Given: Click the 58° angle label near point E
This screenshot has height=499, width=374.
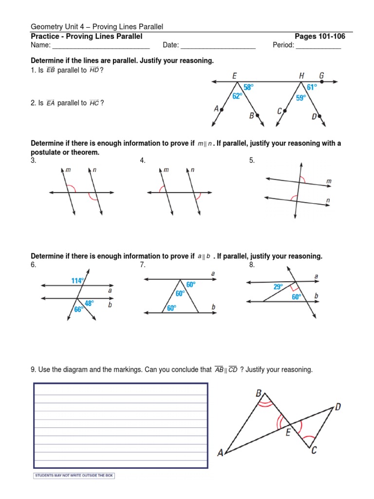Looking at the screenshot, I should pos(249,87).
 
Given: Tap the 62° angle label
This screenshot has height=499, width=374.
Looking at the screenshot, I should pos(237,96).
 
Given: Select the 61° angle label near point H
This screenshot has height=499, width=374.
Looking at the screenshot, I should pos(312,87).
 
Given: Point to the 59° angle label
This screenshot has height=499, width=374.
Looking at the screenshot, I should pos(301,97).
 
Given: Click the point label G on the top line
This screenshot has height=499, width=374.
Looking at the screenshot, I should pos(321,76).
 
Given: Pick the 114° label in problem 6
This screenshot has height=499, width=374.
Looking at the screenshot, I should pos(77,281).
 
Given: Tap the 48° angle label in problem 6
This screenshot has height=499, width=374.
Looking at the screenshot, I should pos(89,303).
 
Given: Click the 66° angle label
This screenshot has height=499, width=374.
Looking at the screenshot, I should pos(78,309).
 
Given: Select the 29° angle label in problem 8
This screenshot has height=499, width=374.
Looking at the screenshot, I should pos(278,287).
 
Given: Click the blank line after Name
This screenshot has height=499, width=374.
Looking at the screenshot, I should pos(100,46).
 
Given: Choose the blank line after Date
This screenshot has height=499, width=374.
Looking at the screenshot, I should pos(218,46).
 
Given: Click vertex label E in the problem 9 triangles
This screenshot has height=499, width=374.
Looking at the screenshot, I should pos(288,432).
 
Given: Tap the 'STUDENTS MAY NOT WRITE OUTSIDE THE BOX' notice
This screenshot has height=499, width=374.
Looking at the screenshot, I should pos(74,476).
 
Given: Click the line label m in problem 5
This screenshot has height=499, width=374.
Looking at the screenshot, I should pos(329,181).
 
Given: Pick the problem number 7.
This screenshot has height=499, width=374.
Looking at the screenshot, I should pos(142,265).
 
